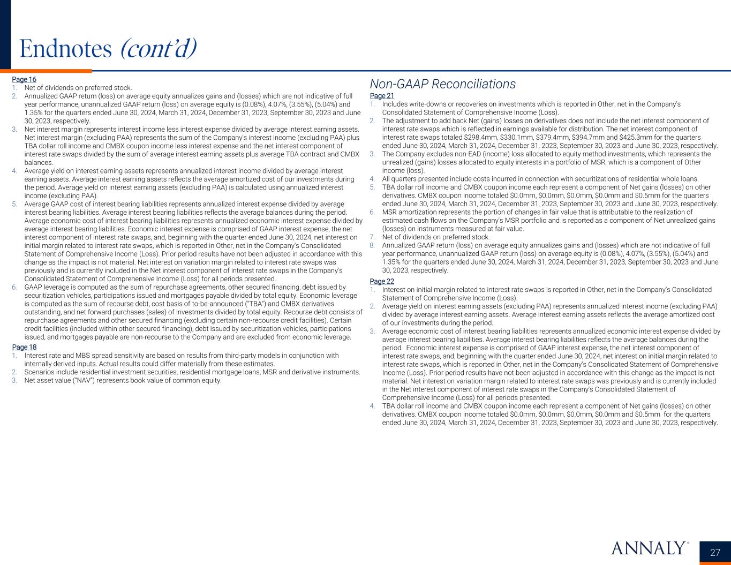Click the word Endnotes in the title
65,49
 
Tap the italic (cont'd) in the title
159,49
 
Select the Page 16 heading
24,80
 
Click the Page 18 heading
24,347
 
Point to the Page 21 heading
382,96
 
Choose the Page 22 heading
382,282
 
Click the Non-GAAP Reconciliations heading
442,84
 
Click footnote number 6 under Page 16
14,287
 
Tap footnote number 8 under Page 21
372,245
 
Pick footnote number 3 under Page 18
14,381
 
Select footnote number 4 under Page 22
372,406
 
